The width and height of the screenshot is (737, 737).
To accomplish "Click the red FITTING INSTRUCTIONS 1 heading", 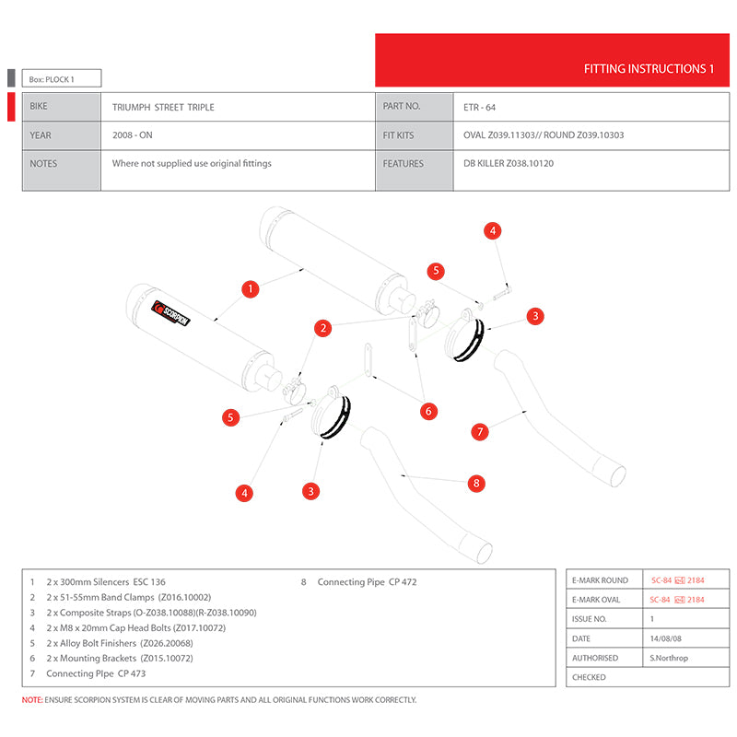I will coord(649,69).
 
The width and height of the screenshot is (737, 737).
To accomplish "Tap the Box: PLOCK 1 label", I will coord(52,79).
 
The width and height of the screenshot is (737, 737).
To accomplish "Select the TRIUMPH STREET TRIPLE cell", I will coord(163,107).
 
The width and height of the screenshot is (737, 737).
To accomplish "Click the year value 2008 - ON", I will coord(133,135).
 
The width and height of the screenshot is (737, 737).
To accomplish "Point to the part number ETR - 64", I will coord(480,107).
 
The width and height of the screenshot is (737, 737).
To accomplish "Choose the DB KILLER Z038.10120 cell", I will coord(509,163).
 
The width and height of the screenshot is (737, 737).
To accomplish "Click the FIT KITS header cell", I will coord(398,135).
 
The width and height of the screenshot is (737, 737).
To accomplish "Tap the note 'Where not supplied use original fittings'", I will coord(192,163).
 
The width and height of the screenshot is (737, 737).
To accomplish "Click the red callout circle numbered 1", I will coord(250,289).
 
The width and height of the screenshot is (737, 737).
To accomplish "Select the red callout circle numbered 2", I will coord(322,327).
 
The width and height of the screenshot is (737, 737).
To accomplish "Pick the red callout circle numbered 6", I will coord(428,411).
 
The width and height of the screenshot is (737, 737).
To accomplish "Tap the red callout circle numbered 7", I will coord(479,430).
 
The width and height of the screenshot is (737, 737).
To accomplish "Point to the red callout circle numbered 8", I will coord(475,482).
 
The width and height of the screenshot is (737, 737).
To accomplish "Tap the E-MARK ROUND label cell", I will coord(600,580).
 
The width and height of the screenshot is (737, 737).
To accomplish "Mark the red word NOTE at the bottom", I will coord(32,700).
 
